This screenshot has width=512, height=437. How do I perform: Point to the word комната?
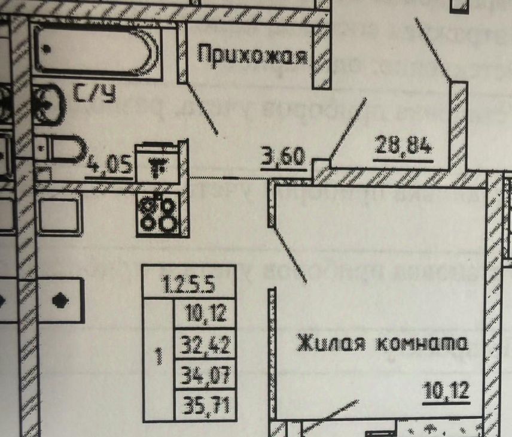(421, 345)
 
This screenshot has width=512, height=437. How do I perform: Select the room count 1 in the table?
(158, 358)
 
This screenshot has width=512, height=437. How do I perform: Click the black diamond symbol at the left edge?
(59, 299)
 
